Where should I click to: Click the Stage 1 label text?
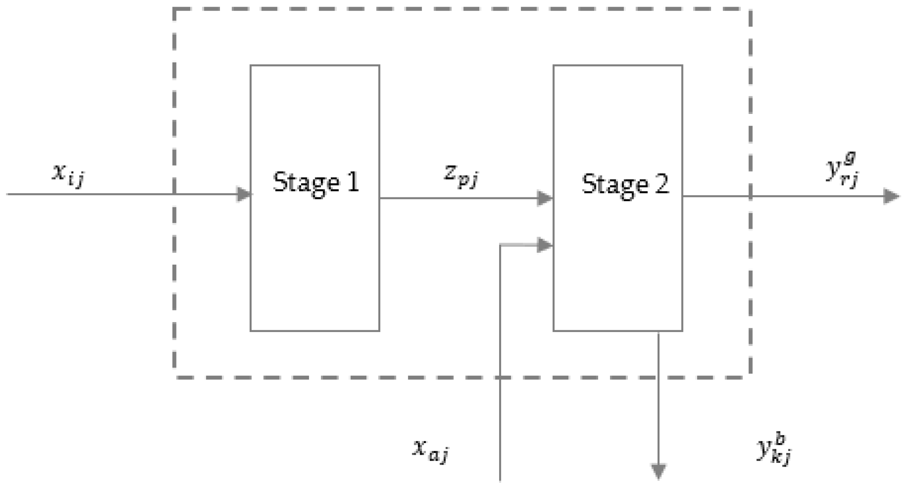click(316, 182)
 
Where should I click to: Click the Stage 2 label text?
click(625, 184)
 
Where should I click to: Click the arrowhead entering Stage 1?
click(244, 194)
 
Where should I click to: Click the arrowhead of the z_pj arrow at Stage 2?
click(545, 198)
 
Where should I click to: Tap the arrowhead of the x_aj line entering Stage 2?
click(545, 245)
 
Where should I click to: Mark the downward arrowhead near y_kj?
click(658, 471)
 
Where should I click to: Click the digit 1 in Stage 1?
click(353, 182)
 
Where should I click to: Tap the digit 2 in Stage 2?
click(662, 184)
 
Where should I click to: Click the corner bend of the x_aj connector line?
click(500, 245)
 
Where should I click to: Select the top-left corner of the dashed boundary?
click(174, 9)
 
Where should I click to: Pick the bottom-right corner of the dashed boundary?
click(750, 377)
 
